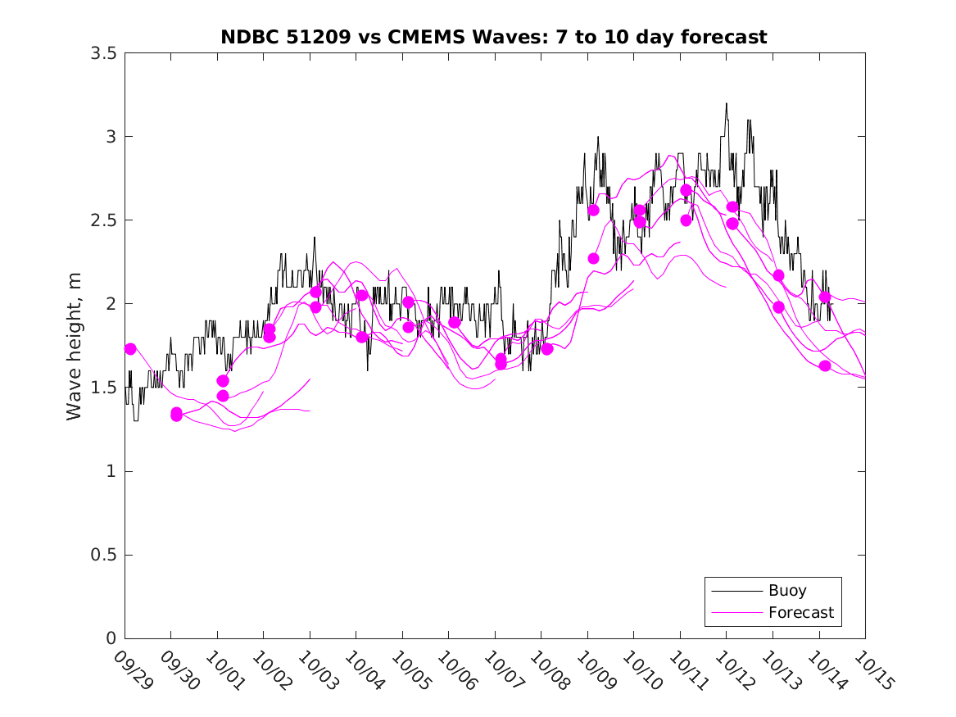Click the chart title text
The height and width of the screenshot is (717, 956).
(x=494, y=37)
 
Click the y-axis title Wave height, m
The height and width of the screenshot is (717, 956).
(x=75, y=347)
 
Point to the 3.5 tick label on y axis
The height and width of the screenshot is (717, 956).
(x=102, y=53)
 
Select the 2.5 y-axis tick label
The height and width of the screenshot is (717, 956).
(x=102, y=220)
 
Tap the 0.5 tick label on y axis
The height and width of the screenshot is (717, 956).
(x=102, y=555)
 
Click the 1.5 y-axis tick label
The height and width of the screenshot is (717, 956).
(x=102, y=388)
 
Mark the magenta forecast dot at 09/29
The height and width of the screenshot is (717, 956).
(x=130, y=349)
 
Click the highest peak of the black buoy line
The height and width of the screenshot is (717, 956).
(x=726, y=104)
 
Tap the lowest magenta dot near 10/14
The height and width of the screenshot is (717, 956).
(x=825, y=365)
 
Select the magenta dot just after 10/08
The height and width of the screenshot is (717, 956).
(x=547, y=349)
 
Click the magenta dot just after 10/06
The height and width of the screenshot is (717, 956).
(x=455, y=322)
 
